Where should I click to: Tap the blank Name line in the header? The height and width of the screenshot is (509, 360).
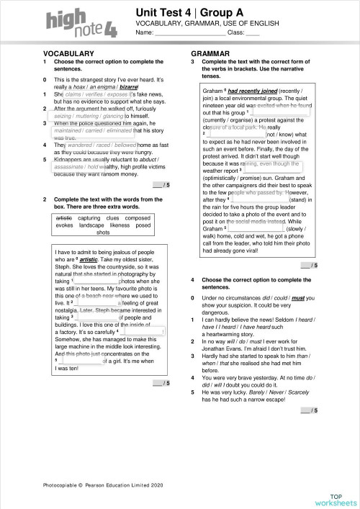(x=189, y=33)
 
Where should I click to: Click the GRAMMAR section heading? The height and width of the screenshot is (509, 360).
(x=210, y=54)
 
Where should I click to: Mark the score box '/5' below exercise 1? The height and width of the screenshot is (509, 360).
(x=162, y=185)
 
